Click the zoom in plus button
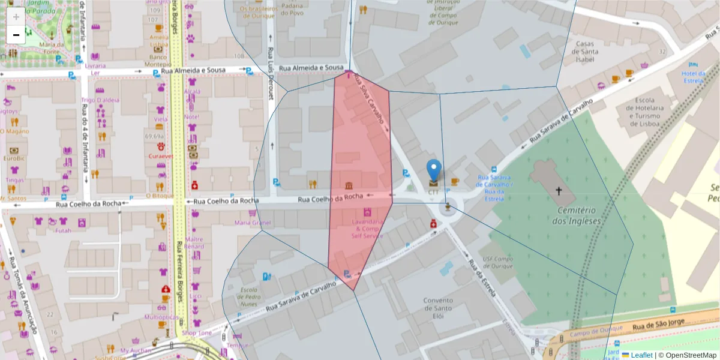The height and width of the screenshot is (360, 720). coord(16,16)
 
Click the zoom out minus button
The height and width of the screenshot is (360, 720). coord(16,35)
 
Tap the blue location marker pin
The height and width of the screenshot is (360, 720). coord(433,170)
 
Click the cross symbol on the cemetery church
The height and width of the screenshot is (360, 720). coord(559,191)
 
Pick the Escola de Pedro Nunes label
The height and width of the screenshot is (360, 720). coord(248,296)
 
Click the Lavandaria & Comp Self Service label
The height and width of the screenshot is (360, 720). coord(367,229)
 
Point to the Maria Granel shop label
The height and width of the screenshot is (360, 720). coord(253,223)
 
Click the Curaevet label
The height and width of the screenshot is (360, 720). coord(161,156)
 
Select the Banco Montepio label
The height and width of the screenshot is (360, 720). coord(158,61)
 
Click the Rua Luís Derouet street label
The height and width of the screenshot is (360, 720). coord(271,73)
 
